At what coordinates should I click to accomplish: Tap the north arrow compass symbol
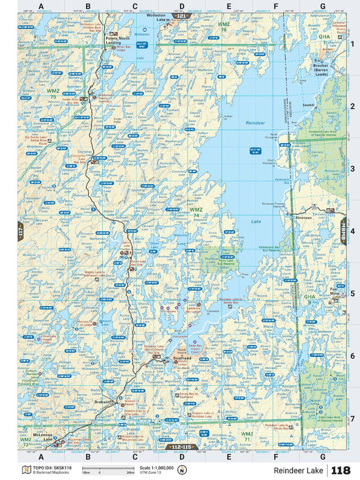coord(182,470)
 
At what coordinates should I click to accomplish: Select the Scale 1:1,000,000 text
coord(156,468)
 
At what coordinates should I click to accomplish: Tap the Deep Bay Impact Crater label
coord(195,347)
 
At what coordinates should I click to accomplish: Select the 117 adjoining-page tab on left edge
coord(21,231)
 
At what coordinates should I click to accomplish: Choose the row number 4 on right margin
coord(352,231)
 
